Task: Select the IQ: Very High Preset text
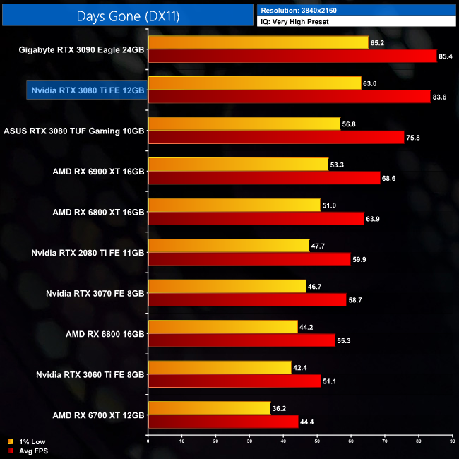[x=295, y=22]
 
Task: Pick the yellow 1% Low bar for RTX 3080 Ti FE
[x=254, y=83]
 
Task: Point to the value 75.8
[x=413, y=138]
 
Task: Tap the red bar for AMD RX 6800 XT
[x=255, y=219]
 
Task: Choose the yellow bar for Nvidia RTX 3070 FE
[x=227, y=286]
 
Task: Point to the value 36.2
[x=280, y=408]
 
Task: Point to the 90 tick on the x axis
[x=453, y=442]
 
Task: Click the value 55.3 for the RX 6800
[x=345, y=340]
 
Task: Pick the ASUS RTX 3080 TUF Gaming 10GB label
[x=74, y=131]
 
